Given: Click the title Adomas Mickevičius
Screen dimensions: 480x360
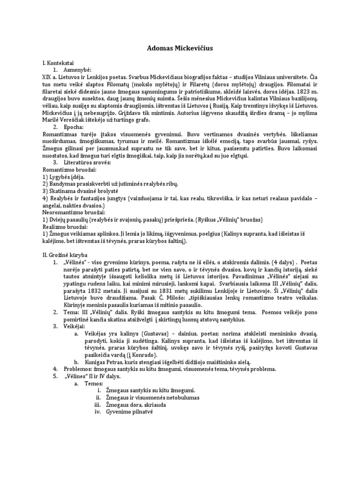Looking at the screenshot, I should pyautogui.click(x=180, y=48).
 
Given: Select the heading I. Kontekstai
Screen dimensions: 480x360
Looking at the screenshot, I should pyautogui.click(x=60, y=62).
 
